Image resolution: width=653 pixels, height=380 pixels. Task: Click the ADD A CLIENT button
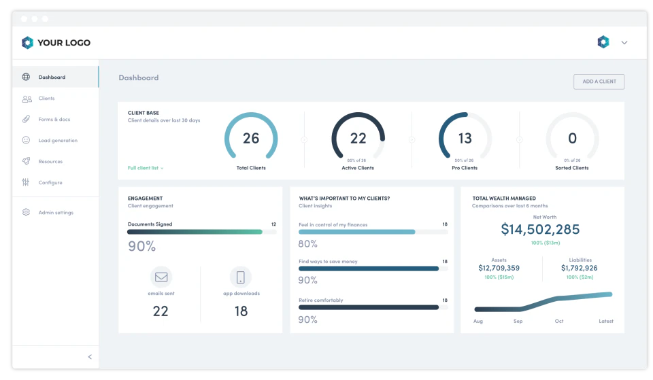click(599, 82)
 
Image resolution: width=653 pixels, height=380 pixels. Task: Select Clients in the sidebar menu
click(46, 99)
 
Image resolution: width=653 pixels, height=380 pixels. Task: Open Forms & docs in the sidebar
click(54, 120)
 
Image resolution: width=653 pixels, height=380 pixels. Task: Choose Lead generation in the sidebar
click(58, 141)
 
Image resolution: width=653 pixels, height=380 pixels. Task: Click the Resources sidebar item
click(50, 162)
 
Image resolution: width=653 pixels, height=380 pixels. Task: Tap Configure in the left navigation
click(50, 183)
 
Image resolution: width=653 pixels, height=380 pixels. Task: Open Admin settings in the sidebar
click(56, 213)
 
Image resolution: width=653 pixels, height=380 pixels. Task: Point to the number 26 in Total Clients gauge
click(251, 139)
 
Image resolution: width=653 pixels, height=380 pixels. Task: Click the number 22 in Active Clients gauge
click(358, 139)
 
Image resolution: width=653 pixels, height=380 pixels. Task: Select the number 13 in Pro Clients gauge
click(465, 139)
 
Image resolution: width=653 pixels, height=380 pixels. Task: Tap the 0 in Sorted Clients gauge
click(572, 139)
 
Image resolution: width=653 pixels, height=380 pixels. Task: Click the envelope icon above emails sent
click(161, 277)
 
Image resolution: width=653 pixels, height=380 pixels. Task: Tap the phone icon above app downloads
click(240, 277)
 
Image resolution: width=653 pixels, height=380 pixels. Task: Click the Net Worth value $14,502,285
click(540, 230)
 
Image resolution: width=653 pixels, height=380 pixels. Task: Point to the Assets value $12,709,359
click(499, 268)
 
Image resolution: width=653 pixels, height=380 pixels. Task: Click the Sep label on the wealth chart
click(518, 321)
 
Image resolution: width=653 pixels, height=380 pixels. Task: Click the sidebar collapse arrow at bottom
click(90, 357)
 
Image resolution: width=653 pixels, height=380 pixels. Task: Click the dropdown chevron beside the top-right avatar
click(624, 43)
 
